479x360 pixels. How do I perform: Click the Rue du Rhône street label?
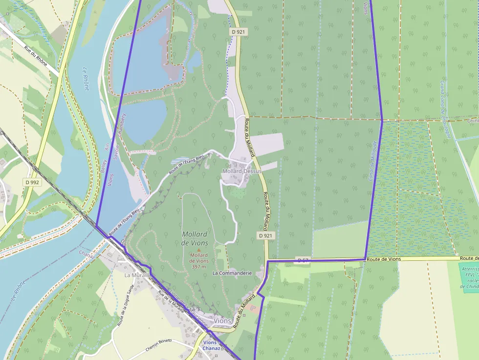[x=38, y=58]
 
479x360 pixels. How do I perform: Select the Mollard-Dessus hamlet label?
[x=241, y=171]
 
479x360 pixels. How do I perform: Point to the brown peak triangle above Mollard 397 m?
[x=198, y=250]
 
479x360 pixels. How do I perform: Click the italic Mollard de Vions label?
[x=195, y=238]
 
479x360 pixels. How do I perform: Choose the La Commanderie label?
[x=232, y=273]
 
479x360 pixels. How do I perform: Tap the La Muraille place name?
[x=136, y=275]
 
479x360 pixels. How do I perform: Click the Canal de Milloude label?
[x=373, y=161]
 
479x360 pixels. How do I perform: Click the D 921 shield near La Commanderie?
[x=265, y=235]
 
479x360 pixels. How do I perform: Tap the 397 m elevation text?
[x=199, y=267]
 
